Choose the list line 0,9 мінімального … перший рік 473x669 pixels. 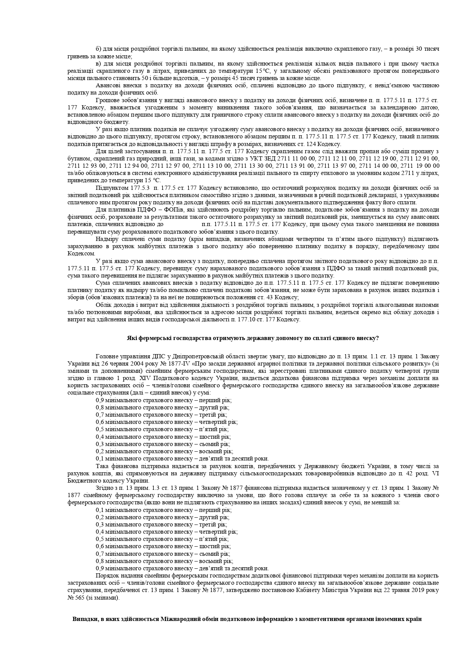164,400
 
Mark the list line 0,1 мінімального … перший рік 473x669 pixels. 164,510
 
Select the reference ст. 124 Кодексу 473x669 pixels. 319,144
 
